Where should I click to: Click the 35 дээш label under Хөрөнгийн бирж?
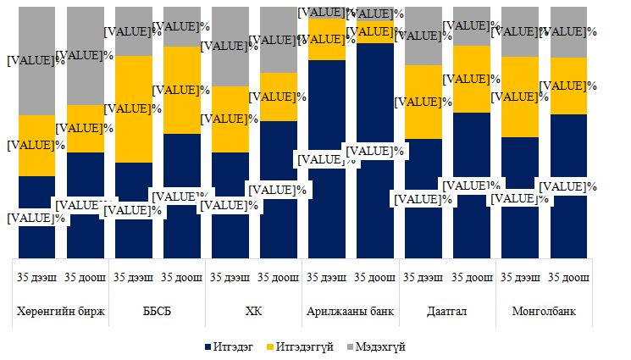tap(36, 277)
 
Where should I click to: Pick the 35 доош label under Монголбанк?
tap(567, 277)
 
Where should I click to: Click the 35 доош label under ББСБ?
tap(181, 277)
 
